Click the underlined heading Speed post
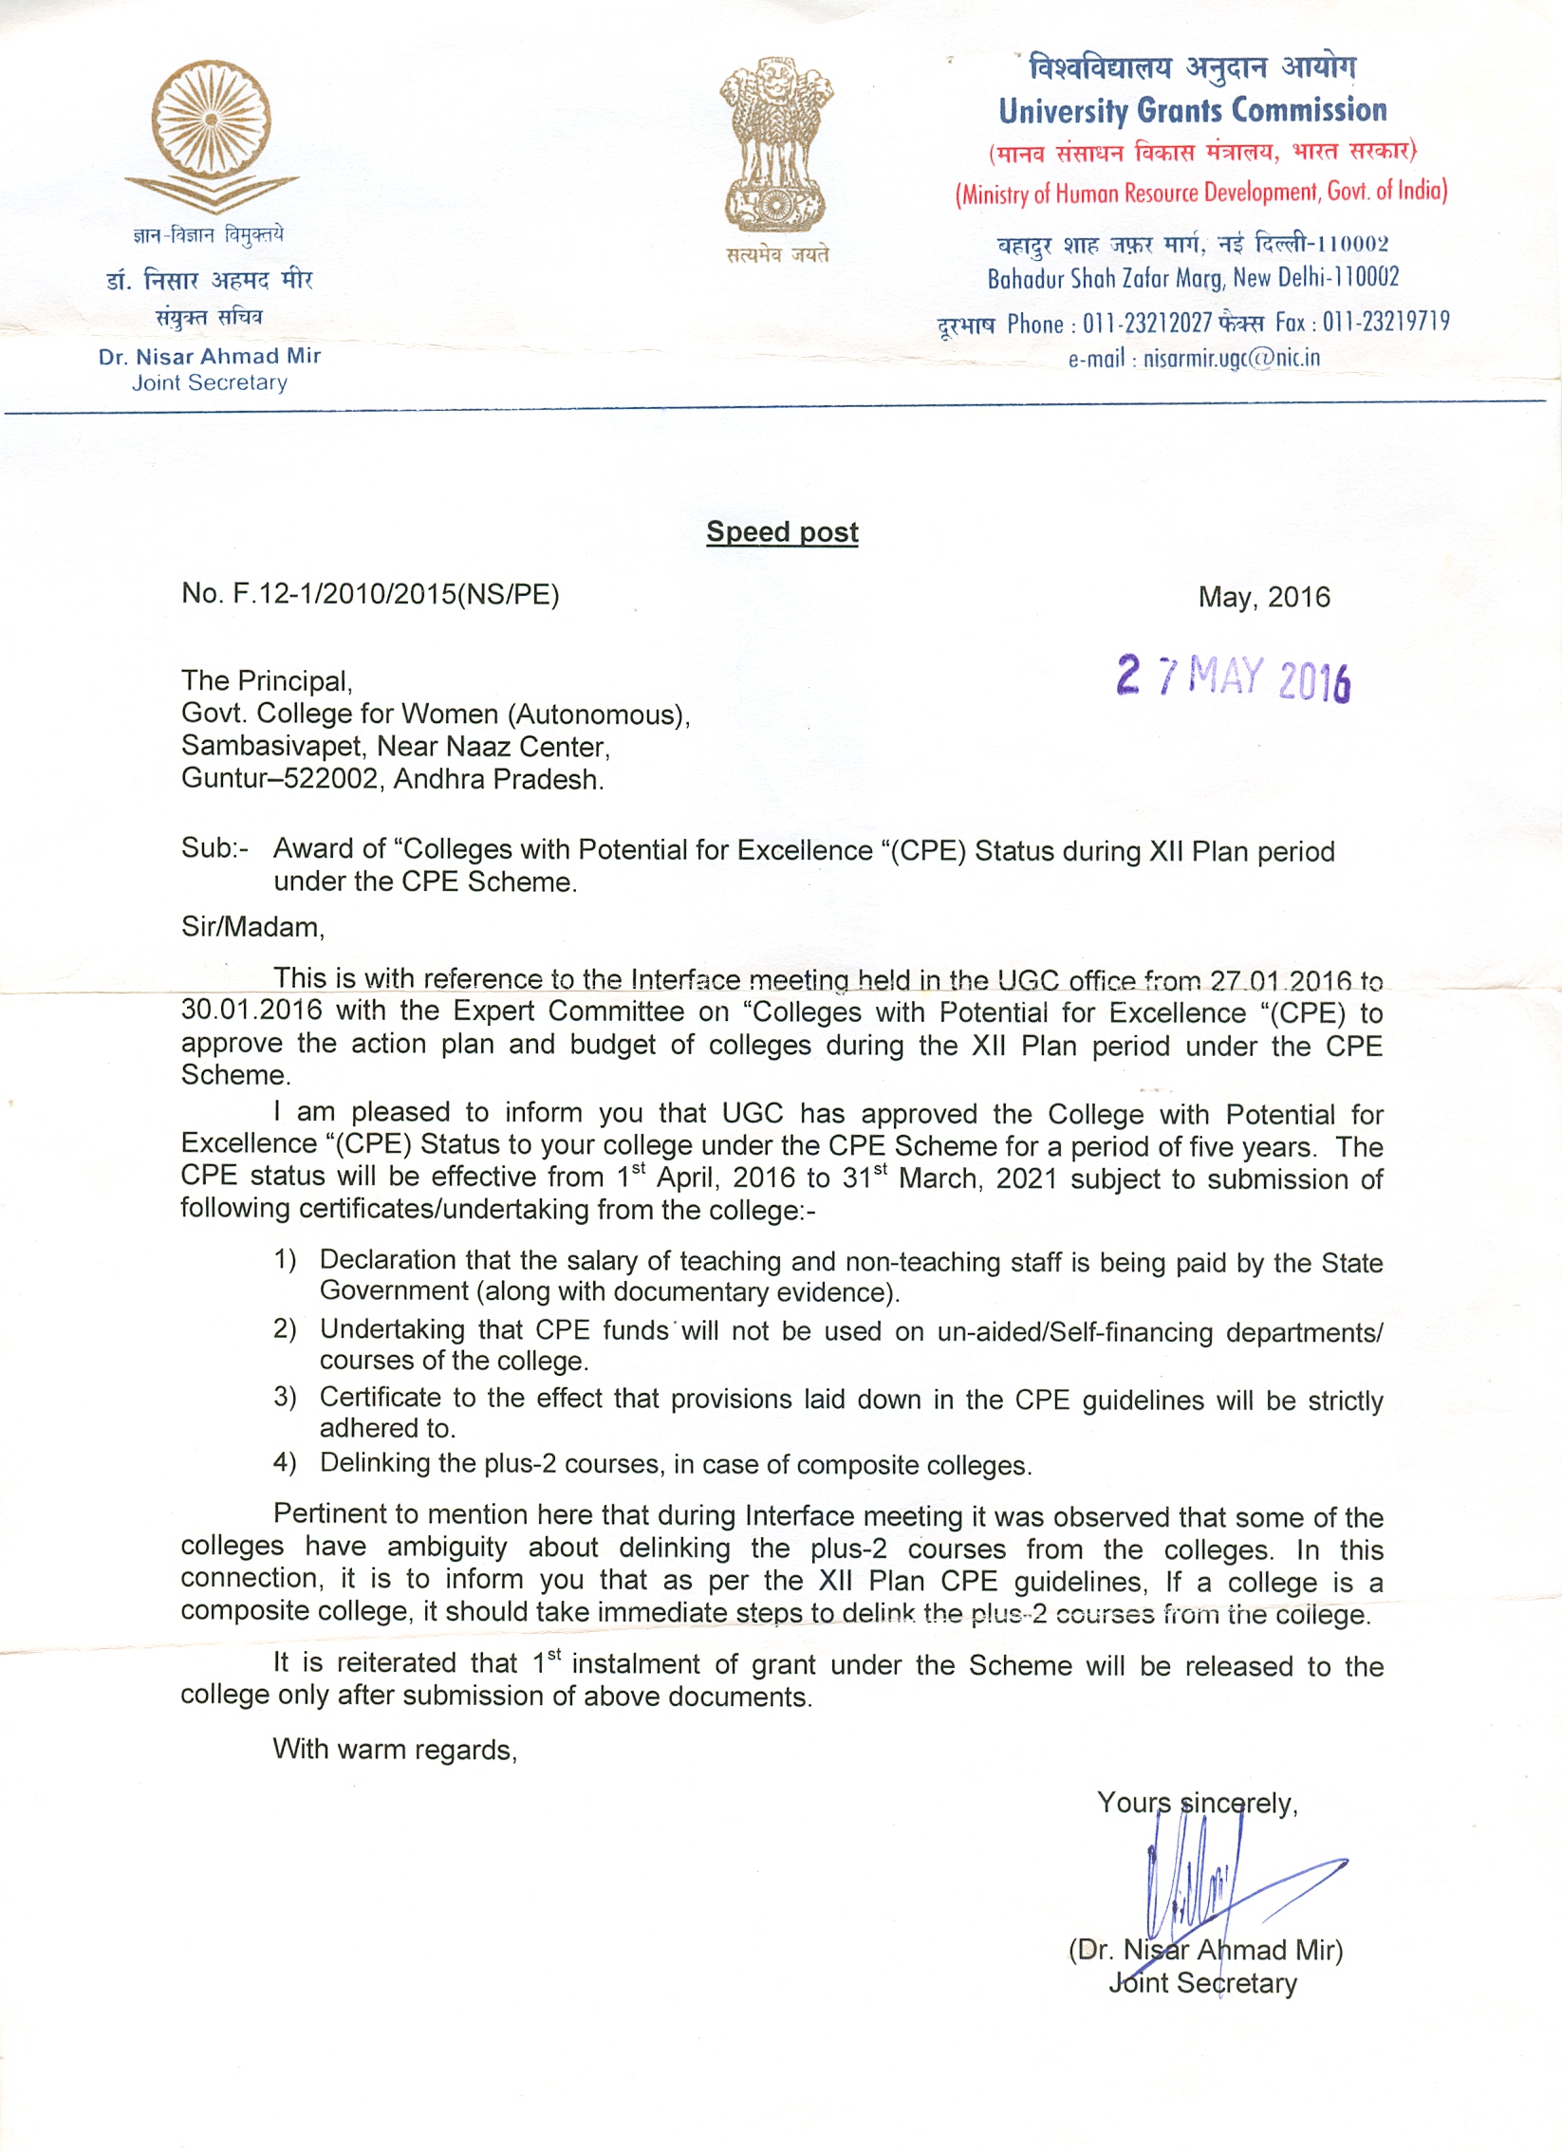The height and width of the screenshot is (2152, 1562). coord(782,532)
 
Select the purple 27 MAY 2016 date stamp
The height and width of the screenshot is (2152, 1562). coord(1233,677)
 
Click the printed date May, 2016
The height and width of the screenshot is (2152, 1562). coord(1263,597)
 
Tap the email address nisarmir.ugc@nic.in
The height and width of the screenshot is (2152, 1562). coord(1231,359)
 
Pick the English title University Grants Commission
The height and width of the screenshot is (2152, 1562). coord(1192,111)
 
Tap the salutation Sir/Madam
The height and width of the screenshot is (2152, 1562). coord(252,927)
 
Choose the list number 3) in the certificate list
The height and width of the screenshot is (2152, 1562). coord(285,1397)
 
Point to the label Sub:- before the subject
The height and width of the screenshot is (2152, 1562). coord(214,848)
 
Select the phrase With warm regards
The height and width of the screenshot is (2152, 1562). coord(394,1749)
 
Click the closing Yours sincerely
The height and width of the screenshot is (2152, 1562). coord(1197,1803)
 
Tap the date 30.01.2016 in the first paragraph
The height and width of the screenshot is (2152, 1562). coord(251,1010)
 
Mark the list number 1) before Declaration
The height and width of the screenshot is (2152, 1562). coord(285,1259)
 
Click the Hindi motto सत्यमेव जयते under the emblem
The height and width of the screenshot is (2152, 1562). coord(777,254)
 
